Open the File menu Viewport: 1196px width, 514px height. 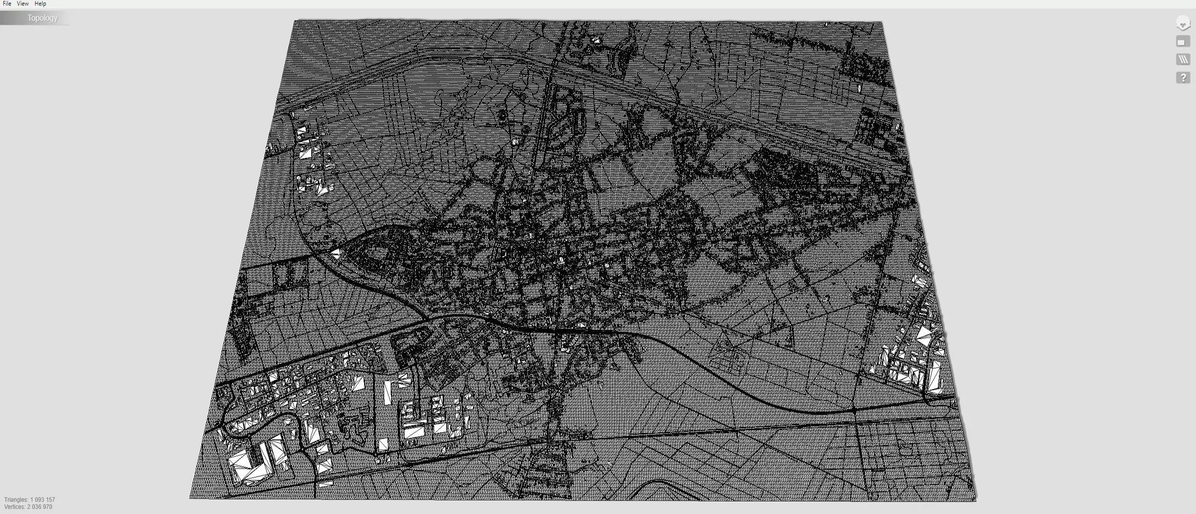point(7,4)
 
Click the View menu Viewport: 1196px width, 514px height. point(22,4)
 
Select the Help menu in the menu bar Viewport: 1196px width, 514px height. point(40,4)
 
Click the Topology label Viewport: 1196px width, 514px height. point(42,18)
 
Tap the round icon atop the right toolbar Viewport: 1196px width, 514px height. point(1182,23)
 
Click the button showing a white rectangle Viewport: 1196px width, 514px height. point(1182,42)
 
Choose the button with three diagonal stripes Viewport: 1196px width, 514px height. point(1182,59)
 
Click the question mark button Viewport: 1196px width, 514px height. point(1182,78)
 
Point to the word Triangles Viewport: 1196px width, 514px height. point(16,500)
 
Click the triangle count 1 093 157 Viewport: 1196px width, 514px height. point(43,500)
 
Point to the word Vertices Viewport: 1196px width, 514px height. point(14,507)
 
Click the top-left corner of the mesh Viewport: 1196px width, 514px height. point(295,21)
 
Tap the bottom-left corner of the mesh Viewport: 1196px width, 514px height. point(190,498)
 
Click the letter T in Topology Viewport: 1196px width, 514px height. point(29,18)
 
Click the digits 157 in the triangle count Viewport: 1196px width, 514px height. point(50,500)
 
